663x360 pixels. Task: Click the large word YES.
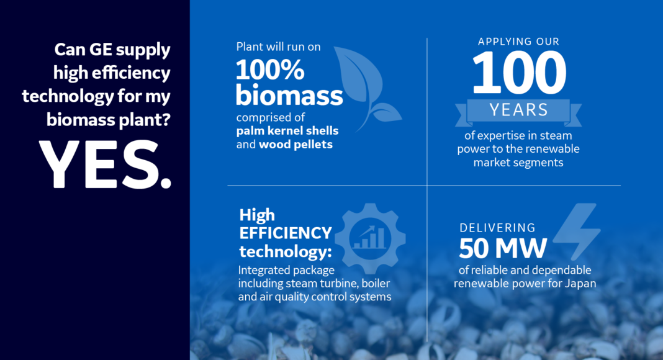(105, 164)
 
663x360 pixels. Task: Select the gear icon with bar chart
(370, 238)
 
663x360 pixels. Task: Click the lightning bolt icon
(576, 232)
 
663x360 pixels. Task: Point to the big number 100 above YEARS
(519, 73)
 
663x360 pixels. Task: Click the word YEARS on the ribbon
(519, 110)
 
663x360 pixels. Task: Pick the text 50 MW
(503, 248)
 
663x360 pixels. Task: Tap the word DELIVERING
(497, 228)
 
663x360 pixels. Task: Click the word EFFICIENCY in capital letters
(286, 233)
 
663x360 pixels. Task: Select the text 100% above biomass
(270, 70)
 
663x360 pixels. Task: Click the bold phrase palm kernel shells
(287, 131)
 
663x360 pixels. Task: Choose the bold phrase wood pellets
(295, 145)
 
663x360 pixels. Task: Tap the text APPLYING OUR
(518, 42)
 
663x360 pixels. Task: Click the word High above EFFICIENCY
(257, 215)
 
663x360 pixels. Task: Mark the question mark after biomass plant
(166, 120)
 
